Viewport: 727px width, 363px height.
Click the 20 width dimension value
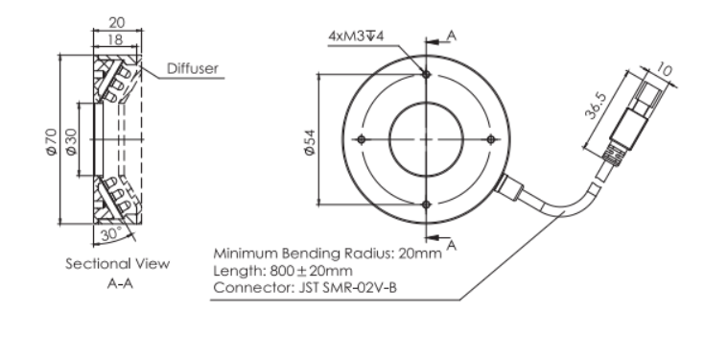[117, 22]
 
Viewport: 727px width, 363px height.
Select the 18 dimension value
[115, 39]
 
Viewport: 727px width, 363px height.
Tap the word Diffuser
[193, 69]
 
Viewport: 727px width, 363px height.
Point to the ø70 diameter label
[52, 142]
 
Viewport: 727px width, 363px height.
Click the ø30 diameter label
[71, 142]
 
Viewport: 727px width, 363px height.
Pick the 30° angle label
[111, 234]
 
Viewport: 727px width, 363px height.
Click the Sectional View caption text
[118, 264]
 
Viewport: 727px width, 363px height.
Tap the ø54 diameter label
[310, 142]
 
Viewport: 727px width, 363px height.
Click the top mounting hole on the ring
[427, 74]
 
